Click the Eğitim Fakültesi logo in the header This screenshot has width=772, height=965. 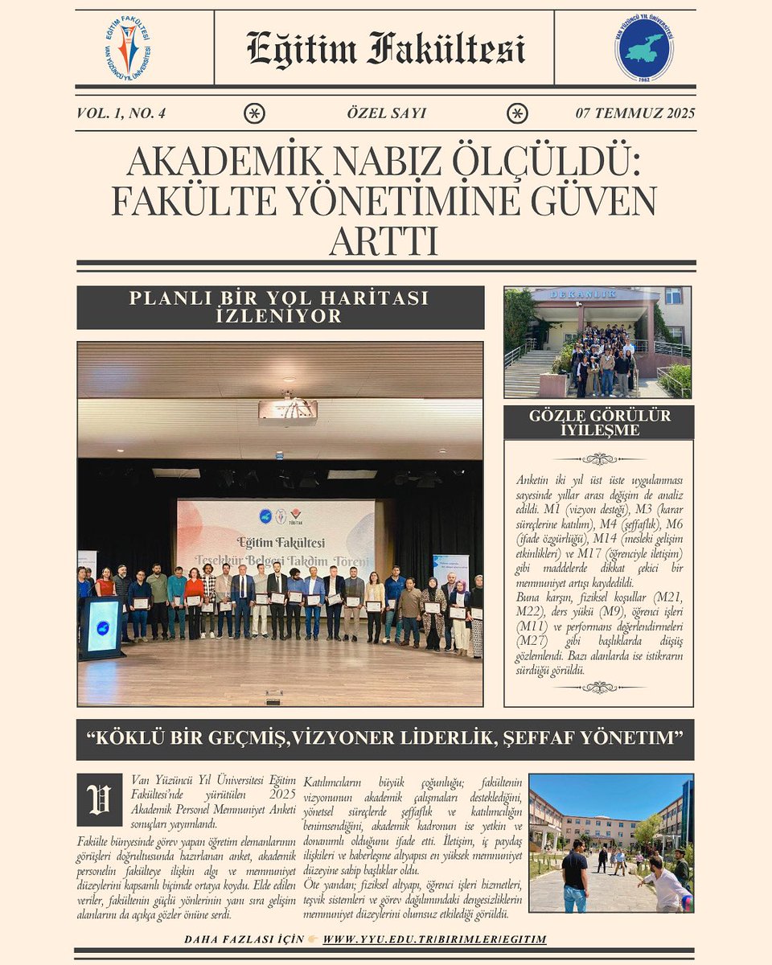point(128,47)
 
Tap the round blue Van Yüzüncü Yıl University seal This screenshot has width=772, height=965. point(644,47)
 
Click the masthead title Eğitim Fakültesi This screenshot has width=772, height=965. point(385,48)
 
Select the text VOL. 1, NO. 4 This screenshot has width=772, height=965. point(121,113)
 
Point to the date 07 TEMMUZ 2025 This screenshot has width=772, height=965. point(634,113)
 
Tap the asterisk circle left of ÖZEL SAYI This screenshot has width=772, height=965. point(254,113)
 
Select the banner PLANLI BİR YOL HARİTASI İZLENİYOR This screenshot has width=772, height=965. point(280,307)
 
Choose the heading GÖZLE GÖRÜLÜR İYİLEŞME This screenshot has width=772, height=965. point(599,422)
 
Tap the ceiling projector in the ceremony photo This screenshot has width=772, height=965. point(287,411)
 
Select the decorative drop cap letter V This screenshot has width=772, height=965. point(100,799)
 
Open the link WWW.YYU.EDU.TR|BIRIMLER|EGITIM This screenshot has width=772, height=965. point(434,939)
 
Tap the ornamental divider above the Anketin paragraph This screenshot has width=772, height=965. point(598,458)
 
